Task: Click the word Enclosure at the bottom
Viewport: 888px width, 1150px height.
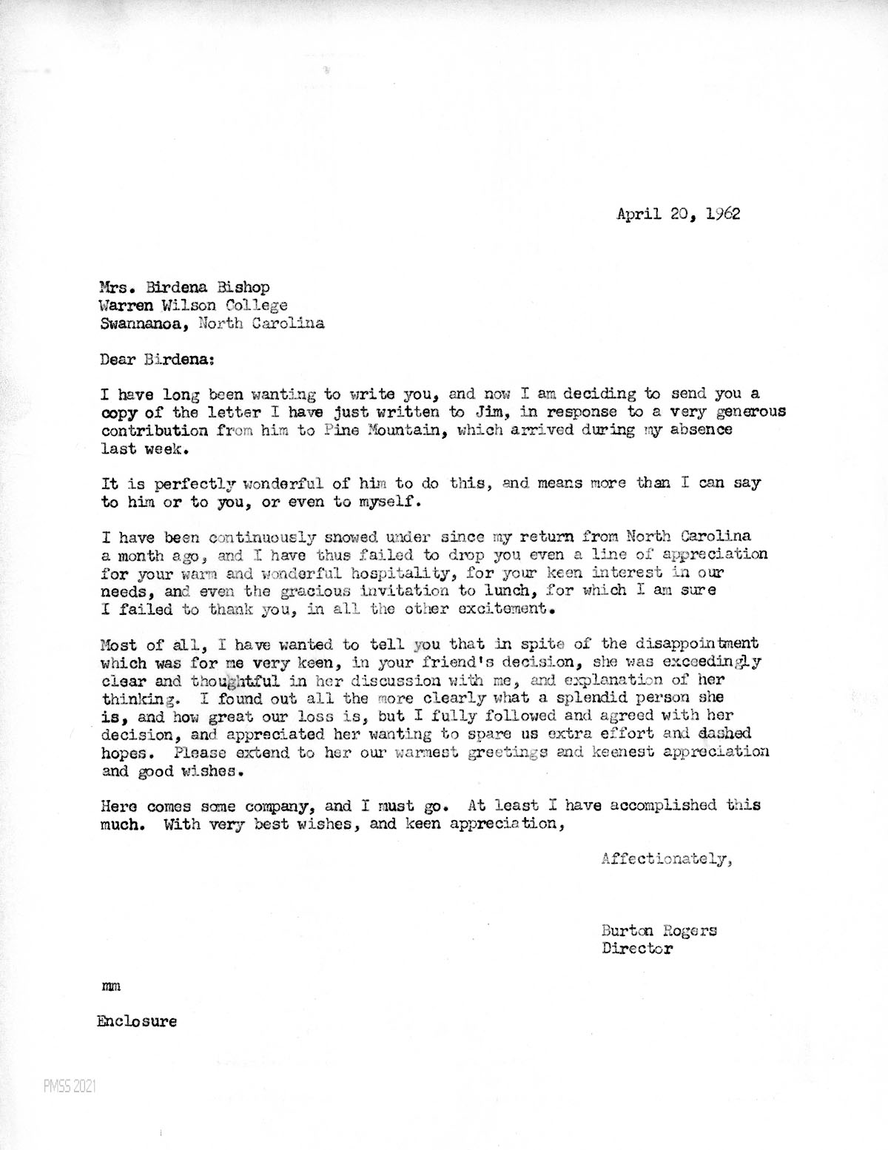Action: pyautogui.click(x=137, y=1022)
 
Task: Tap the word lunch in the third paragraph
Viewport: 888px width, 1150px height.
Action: pyautogui.click(x=399, y=592)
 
